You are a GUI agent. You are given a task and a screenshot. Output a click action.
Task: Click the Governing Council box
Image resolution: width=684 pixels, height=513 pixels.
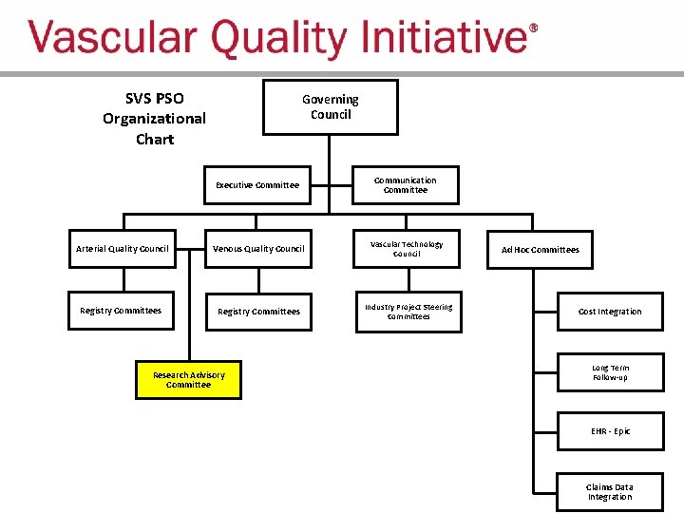pos(330,107)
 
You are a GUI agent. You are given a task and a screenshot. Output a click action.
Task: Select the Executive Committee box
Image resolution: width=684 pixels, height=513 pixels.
pos(257,185)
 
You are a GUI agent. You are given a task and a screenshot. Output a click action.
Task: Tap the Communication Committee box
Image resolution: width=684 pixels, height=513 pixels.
pos(406,185)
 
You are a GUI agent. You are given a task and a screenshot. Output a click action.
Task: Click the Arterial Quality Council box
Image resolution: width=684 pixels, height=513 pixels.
pos(122,249)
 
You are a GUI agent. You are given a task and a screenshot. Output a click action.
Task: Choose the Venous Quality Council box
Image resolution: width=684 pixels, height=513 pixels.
pos(258,249)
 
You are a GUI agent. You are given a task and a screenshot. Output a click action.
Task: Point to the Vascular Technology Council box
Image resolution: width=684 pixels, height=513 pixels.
pos(407,249)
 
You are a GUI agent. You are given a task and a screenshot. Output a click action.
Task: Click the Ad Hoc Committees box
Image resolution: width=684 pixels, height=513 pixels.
pos(540,250)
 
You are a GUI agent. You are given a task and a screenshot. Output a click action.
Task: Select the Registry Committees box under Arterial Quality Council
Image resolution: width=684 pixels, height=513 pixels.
pos(121,311)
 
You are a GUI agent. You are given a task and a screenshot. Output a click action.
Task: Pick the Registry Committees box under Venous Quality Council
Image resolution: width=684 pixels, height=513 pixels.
pos(258,312)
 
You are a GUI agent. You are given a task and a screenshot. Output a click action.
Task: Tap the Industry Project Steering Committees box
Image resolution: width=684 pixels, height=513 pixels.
pos(408,312)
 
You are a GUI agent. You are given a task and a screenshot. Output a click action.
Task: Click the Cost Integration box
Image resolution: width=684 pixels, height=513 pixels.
pos(610,312)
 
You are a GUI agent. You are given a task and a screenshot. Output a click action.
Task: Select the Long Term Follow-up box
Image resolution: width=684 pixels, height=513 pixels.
pos(610,372)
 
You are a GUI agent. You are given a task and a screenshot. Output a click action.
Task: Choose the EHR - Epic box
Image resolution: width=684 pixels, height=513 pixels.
pos(610,431)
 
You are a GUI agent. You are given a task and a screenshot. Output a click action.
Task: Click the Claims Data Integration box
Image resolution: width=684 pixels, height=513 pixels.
pos(610,492)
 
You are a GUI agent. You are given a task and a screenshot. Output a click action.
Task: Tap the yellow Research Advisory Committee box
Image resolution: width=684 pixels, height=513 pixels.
pos(189,380)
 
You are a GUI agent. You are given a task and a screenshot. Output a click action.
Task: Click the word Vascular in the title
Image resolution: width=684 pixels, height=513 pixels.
pos(114,40)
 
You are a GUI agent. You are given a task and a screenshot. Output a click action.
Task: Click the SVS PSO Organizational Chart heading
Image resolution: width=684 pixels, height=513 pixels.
pos(154,119)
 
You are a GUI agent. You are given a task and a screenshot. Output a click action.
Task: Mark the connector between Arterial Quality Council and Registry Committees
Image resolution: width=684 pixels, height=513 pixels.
pos(123,280)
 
